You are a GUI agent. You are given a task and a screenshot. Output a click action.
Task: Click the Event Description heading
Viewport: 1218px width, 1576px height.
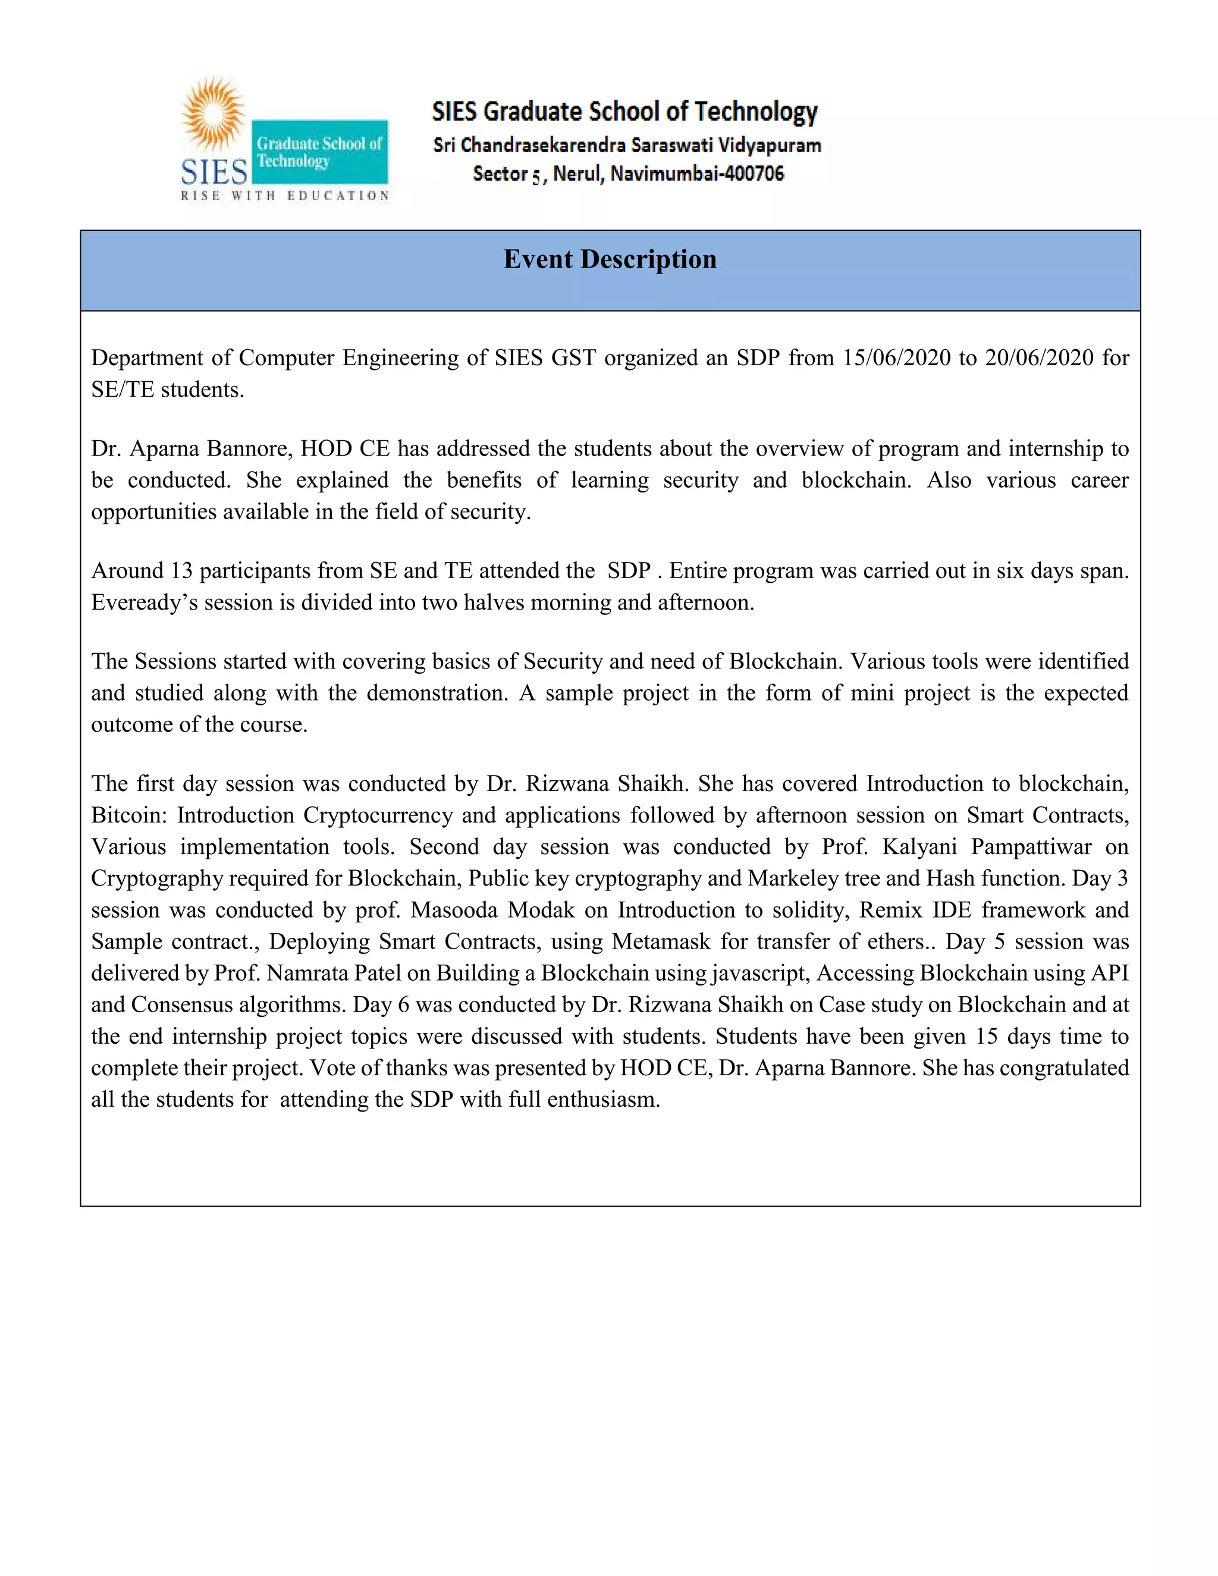coord(610,259)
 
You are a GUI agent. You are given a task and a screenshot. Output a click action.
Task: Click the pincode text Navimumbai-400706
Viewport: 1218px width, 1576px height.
coord(697,174)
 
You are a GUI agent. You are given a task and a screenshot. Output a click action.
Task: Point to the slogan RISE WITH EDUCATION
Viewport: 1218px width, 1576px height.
coord(285,195)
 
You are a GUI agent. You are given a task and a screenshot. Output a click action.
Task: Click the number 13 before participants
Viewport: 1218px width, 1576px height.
coord(181,570)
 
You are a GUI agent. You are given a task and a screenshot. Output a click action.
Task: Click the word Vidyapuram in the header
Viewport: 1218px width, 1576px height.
coord(770,145)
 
